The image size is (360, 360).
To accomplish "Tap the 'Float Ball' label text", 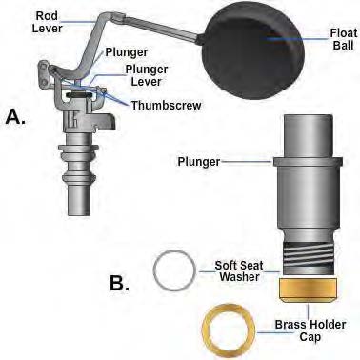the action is (x=342, y=39).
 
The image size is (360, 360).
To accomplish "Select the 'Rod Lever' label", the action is (x=48, y=22).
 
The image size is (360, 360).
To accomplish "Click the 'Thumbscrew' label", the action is (x=167, y=105).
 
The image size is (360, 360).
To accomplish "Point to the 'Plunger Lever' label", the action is (x=147, y=75).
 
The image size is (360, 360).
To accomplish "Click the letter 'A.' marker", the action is (x=16, y=117).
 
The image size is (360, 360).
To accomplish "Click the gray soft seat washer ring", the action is (x=174, y=270).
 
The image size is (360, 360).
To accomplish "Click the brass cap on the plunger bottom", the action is (x=308, y=290).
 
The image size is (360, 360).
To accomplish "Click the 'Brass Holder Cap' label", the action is (x=310, y=330).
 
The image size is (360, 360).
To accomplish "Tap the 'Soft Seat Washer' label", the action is (x=239, y=270).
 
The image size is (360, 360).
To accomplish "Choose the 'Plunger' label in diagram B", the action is (x=198, y=162).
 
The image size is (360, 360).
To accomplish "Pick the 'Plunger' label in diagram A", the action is (x=127, y=52).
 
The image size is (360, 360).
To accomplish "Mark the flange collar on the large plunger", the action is (x=308, y=161).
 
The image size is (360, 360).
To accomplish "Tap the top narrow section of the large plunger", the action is (x=308, y=136).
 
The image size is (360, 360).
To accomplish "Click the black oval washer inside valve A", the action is (x=78, y=95).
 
